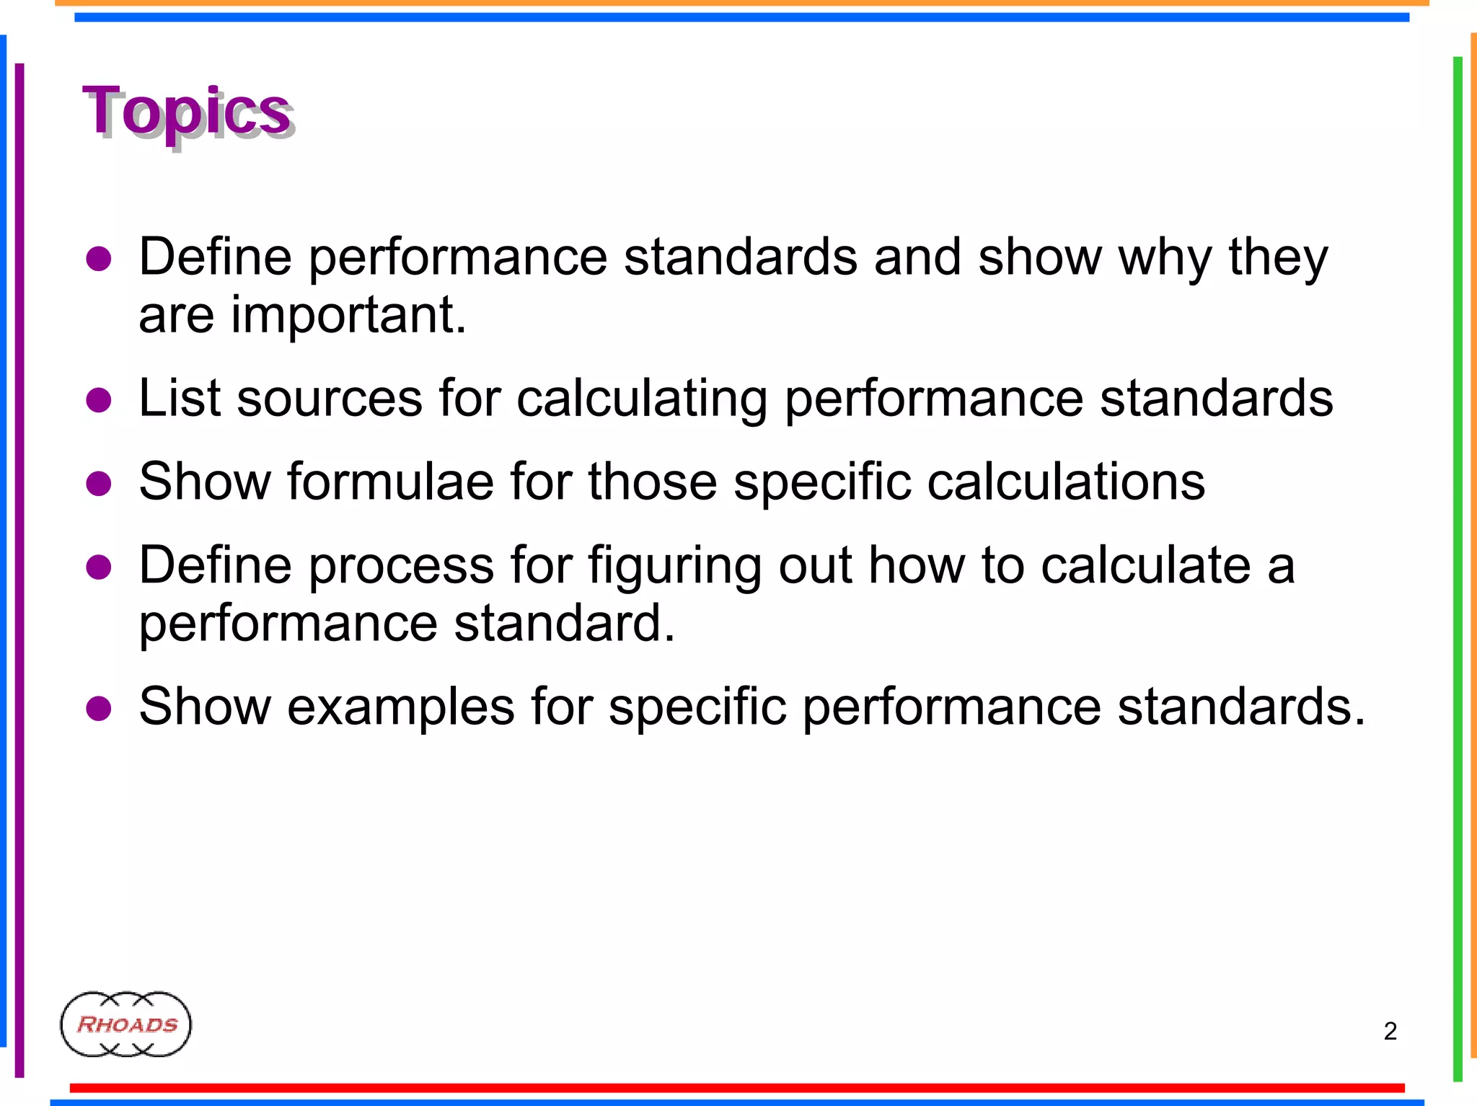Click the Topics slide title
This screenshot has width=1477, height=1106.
click(188, 112)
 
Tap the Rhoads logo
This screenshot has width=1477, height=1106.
click(126, 1024)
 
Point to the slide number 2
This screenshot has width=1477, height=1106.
click(1390, 1031)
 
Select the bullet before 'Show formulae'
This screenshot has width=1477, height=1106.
click(99, 482)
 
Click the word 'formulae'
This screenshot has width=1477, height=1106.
click(390, 481)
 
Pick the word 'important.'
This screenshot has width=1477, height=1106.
click(348, 315)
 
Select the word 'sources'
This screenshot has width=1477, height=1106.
click(330, 398)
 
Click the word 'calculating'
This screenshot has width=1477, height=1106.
click(642, 399)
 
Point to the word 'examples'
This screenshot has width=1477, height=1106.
click(401, 707)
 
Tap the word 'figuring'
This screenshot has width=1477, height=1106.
click(674, 566)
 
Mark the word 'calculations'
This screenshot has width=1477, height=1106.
click(1066, 481)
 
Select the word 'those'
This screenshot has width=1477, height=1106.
click(652, 481)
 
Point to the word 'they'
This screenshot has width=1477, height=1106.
click(1278, 257)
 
